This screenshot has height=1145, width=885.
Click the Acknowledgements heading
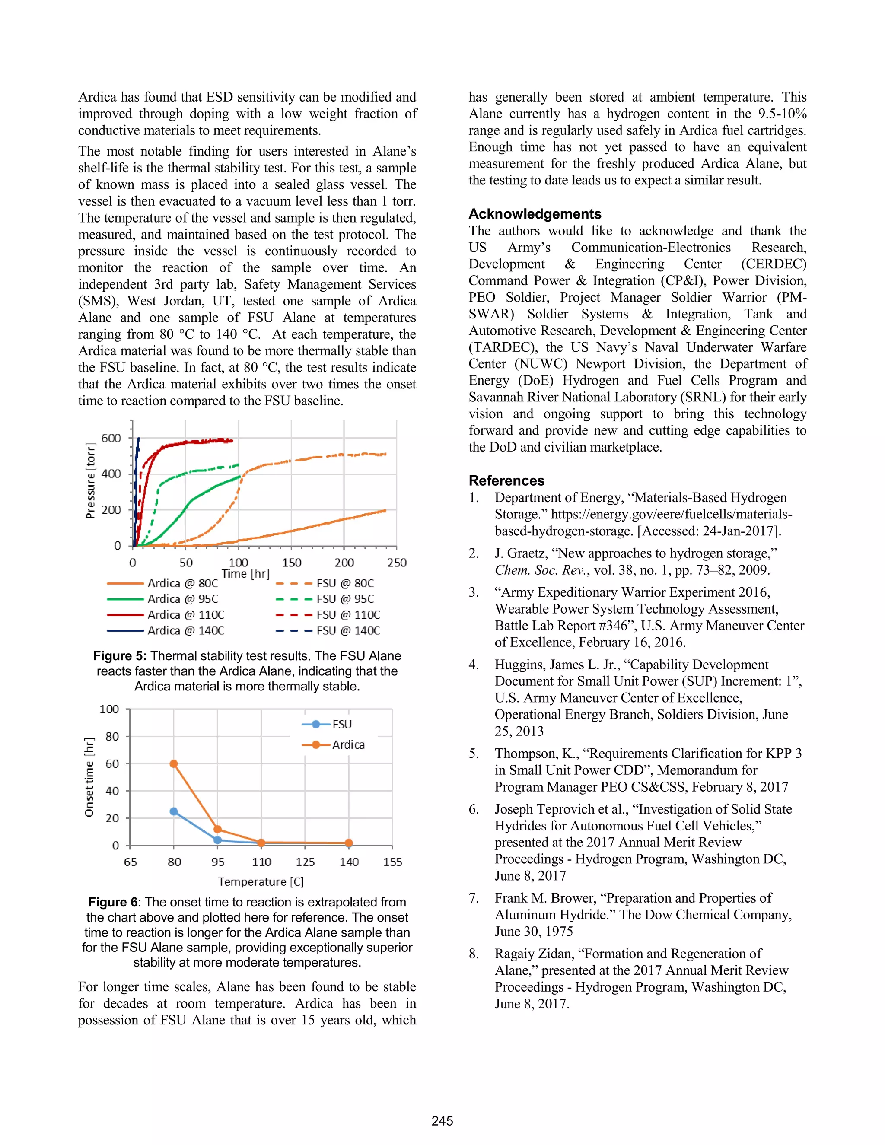tap(535, 214)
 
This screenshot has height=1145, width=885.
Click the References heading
tap(506, 481)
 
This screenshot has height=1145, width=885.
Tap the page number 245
tap(442, 1121)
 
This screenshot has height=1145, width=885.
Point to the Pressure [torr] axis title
tap(91, 481)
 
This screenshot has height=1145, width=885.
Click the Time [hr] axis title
tap(245, 573)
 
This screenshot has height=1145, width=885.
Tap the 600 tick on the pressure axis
tap(111, 438)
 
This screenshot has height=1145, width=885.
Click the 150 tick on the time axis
tap(292, 563)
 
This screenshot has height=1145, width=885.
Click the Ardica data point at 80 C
tap(174, 764)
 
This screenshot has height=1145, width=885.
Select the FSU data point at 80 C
tap(174, 811)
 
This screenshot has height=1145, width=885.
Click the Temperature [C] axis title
tap(261, 881)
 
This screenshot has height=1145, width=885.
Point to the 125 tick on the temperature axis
tap(305, 862)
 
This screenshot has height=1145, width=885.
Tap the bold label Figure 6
tap(112, 902)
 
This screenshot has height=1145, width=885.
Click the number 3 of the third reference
tap(474, 592)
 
